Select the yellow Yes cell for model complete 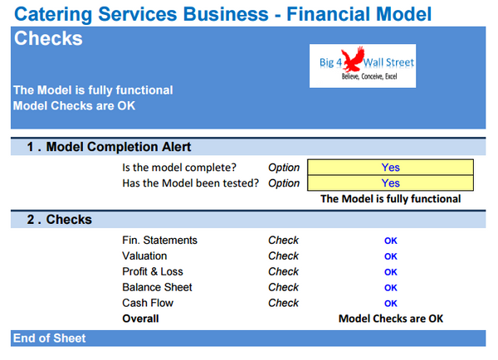tap(390, 168)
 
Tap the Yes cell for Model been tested tap(390, 183)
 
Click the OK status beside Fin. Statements tap(390, 241)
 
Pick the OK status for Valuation tap(390, 257)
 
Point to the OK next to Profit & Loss tap(390, 272)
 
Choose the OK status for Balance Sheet tap(390, 288)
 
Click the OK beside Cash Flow tap(390, 304)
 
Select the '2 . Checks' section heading tap(59, 220)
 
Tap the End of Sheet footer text tap(49, 338)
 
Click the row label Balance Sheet tap(157, 288)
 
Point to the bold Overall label tap(140, 319)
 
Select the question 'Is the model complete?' tap(178, 168)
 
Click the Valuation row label tap(144, 256)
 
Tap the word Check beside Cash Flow tap(283, 304)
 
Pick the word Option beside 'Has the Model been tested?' tap(284, 183)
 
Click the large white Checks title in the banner tap(48, 39)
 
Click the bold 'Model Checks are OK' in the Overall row tap(390, 319)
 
